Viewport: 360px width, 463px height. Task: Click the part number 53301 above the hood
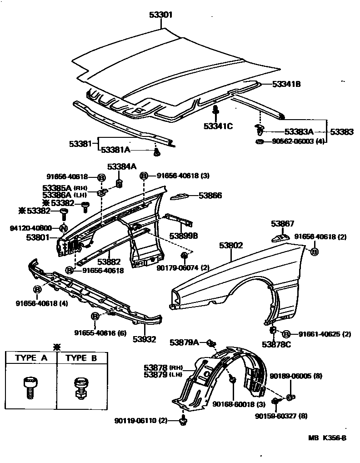[160, 15]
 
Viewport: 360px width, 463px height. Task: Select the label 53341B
[286, 84]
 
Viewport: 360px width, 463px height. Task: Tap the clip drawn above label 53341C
[216, 110]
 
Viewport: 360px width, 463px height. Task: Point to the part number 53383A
[297, 132]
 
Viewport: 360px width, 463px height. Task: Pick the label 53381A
[115, 149]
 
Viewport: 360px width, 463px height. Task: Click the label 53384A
[121, 166]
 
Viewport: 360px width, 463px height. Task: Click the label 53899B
[184, 236]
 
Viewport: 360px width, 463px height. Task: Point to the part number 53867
[282, 223]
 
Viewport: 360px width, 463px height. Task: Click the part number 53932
[145, 339]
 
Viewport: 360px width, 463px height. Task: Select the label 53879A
[184, 342]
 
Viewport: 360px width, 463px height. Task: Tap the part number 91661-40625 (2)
[325, 334]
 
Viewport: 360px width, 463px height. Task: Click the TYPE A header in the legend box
[31, 358]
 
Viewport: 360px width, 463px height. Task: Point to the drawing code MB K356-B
[327, 438]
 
